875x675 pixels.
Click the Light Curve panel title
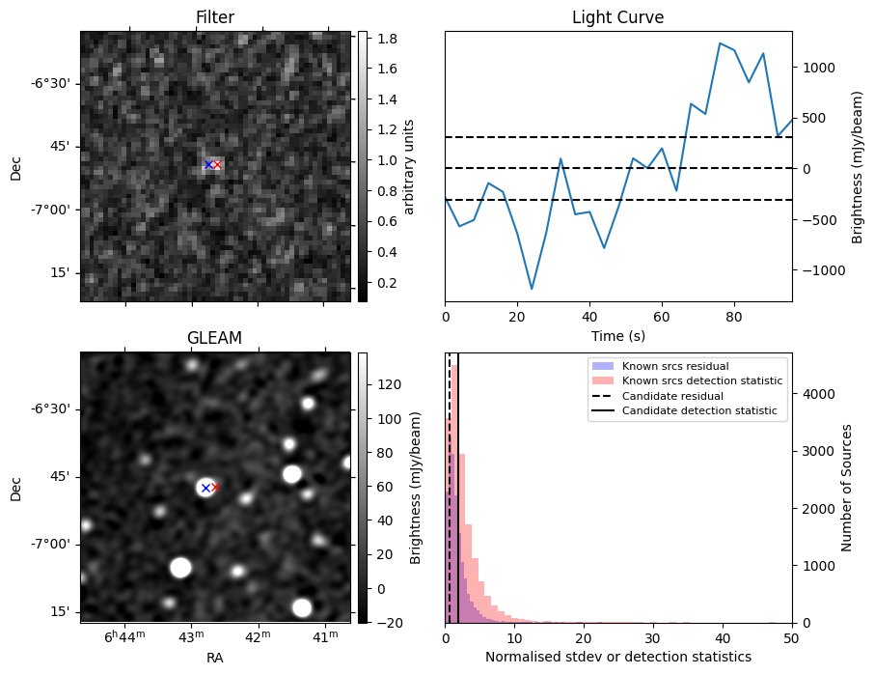tap(617, 17)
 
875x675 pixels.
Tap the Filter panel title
tap(214, 17)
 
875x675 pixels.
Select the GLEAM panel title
tap(214, 338)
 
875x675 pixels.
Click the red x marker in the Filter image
tap(217, 165)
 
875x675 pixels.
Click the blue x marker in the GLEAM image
tap(205, 488)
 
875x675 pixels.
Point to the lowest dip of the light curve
tap(532, 289)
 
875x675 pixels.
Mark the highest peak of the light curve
tap(720, 43)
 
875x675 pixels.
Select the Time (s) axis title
tap(617, 335)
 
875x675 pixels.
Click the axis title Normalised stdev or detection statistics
tap(617, 658)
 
